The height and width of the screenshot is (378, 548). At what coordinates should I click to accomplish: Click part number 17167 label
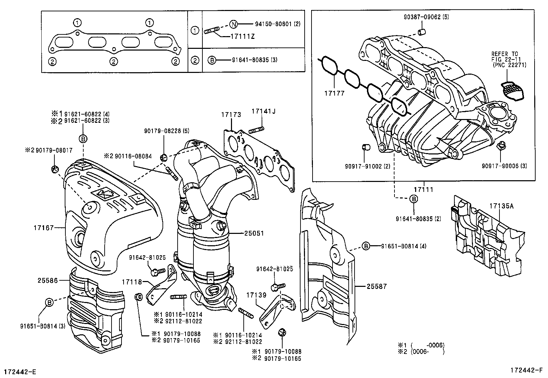click(44, 227)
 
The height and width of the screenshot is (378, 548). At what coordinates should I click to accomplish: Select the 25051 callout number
click(254, 233)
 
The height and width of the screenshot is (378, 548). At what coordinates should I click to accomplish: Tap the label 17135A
click(502, 206)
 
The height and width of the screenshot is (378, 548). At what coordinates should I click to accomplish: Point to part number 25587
click(377, 286)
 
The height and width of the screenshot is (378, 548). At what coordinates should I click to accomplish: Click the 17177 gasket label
click(334, 93)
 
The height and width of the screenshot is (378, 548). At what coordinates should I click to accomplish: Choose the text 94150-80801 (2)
click(278, 24)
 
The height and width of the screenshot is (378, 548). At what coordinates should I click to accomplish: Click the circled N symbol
click(233, 24)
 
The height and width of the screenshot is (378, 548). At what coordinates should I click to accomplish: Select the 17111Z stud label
click(243, 36)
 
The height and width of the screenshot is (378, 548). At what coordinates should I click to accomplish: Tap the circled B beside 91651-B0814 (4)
click(366, 246)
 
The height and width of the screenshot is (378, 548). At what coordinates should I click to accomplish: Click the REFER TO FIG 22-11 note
click(509, 59)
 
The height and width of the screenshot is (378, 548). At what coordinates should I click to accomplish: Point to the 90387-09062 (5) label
click(422, 17)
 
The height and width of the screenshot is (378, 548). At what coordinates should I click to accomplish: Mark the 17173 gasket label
click(231, 115)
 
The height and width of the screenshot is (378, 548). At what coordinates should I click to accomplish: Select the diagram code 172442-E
click(20, 371)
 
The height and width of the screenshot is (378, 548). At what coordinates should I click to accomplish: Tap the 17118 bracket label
click(131, 282)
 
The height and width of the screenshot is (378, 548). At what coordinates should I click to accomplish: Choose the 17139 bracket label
click(256, 295)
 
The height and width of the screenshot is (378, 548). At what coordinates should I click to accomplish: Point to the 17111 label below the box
click(423, 189)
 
